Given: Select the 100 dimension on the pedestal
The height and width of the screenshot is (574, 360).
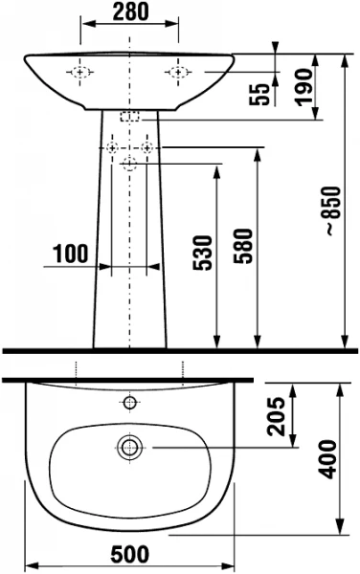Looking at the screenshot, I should coord(72,254).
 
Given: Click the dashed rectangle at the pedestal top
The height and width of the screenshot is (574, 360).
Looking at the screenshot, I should coord(129,116).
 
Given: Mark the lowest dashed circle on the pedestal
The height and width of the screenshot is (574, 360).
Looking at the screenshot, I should coord(129,164).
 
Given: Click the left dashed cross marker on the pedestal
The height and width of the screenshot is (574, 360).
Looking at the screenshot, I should coord(113,148).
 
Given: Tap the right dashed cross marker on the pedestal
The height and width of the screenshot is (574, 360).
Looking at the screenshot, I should coord(146,148).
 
